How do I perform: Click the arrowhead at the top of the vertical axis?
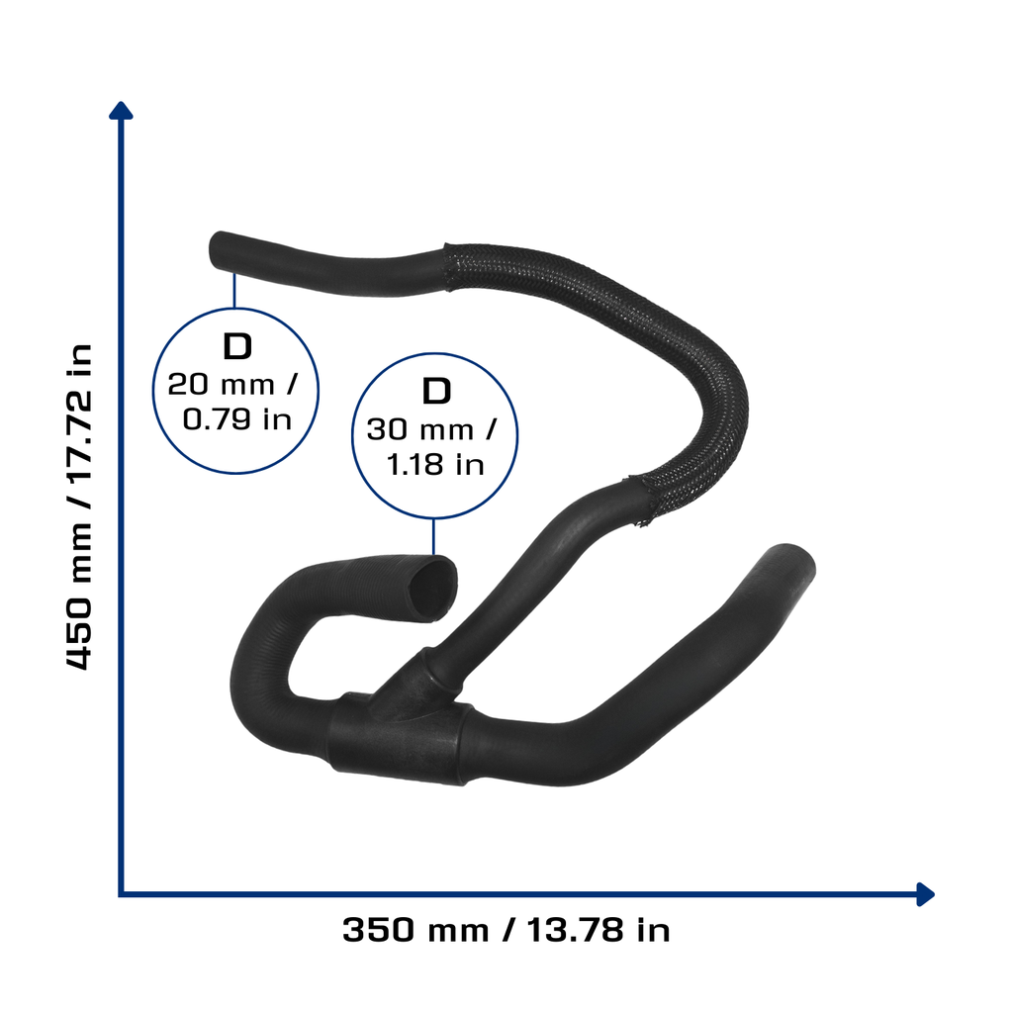pyautogui.click(x=121, y=111)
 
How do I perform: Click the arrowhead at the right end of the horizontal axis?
pyautogui.click(x=926, y=894)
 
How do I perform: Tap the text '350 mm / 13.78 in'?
pyautogui.click(x=506, y=930)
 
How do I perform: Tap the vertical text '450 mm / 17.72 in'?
pyautogui.click(x=80, y=507)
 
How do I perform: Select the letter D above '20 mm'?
pyautogui.click(x=237, y=347)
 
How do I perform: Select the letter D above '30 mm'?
pyautogui.click(x=436, y=392)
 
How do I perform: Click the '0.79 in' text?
pyautogui.click(x=237, y=419)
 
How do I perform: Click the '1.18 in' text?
pyautogui.click(x=435, y=465)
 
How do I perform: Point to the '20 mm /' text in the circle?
pyautogui.click(x=232, y=385)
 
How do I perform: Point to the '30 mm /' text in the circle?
pyautogui.click(x=431, y=429)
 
